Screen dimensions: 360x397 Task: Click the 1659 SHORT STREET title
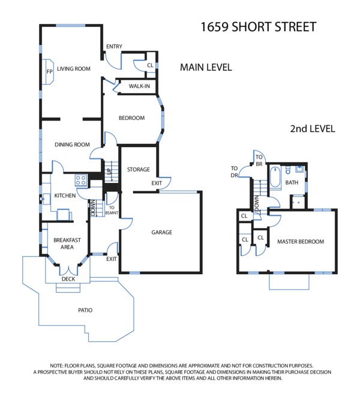[x=259, y=27]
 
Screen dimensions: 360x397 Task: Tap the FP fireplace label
[x=49, y=72]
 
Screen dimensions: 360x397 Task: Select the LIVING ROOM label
[x=73, y=68]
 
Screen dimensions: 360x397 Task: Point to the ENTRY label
[x=114, y=46]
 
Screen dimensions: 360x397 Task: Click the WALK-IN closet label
[x=139, y=86]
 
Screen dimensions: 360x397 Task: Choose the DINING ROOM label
[x=72, y=145]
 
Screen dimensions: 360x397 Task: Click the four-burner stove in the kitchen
[x=81, y=181]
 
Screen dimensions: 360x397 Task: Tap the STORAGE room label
[x=139, y=169]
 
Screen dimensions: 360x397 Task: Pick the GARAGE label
[x=161, y=232]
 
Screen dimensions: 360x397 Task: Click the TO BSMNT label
[x=112, y=210]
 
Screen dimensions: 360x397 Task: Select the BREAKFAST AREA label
[x=67, y=243]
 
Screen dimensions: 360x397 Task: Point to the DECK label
[x=68, y=279]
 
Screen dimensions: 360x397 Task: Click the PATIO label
[x=85, y=310]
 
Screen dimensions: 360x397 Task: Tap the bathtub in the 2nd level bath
[x=275, y=178]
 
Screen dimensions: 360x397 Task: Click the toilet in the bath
[x=288, y=170]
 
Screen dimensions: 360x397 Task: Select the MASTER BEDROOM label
[x=301, y=242]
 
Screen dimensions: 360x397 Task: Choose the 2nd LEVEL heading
[x=313, y=128]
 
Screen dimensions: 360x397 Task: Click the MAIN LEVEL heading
[x=206, y=67]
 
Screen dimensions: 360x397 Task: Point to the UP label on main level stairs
[x=109, y=171]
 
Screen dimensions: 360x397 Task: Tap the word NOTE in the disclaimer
[x=56, y=366]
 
